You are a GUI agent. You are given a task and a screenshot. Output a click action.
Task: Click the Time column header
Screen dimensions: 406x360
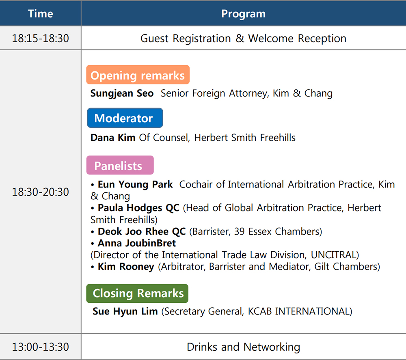(40, 13)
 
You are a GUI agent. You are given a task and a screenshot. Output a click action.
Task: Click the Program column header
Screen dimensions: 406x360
(243, 14)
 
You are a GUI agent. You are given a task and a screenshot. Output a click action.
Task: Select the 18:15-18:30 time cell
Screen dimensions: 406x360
(40, 38)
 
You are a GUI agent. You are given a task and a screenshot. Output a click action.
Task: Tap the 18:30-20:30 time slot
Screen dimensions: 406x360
(40, 192)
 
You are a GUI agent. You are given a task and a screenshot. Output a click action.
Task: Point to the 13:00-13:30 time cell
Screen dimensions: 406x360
(40, 347)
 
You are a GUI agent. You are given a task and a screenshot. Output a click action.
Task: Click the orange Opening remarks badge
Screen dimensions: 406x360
(138, 75)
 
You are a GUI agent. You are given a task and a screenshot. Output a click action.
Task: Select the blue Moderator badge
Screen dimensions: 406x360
(125, 118)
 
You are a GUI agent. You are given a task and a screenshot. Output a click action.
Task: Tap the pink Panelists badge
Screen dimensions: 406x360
(120, 165)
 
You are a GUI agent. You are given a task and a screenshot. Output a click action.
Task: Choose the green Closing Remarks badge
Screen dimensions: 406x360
(137, 293)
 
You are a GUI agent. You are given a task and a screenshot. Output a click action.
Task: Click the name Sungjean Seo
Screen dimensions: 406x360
(122, 93)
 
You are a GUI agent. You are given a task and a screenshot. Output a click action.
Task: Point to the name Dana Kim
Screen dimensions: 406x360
(113, 138)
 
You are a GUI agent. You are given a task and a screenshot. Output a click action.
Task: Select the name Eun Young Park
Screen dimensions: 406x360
(135, 185)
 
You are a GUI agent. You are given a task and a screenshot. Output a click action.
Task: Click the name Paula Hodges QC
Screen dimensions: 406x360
(138, 208)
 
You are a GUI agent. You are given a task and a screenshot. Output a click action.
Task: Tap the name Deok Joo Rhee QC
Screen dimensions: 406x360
(142, 231)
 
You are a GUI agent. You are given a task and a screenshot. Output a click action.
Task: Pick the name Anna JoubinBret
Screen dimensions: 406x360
(137, 243)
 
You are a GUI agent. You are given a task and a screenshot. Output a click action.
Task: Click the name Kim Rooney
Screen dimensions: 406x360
(126, 267)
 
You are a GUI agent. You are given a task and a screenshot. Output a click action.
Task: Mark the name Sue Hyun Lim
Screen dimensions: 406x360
(125, 311)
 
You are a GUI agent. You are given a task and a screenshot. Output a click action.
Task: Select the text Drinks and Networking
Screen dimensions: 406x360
(243, 347)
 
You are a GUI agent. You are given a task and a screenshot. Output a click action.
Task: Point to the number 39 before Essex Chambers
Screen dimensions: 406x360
(239, 231)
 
